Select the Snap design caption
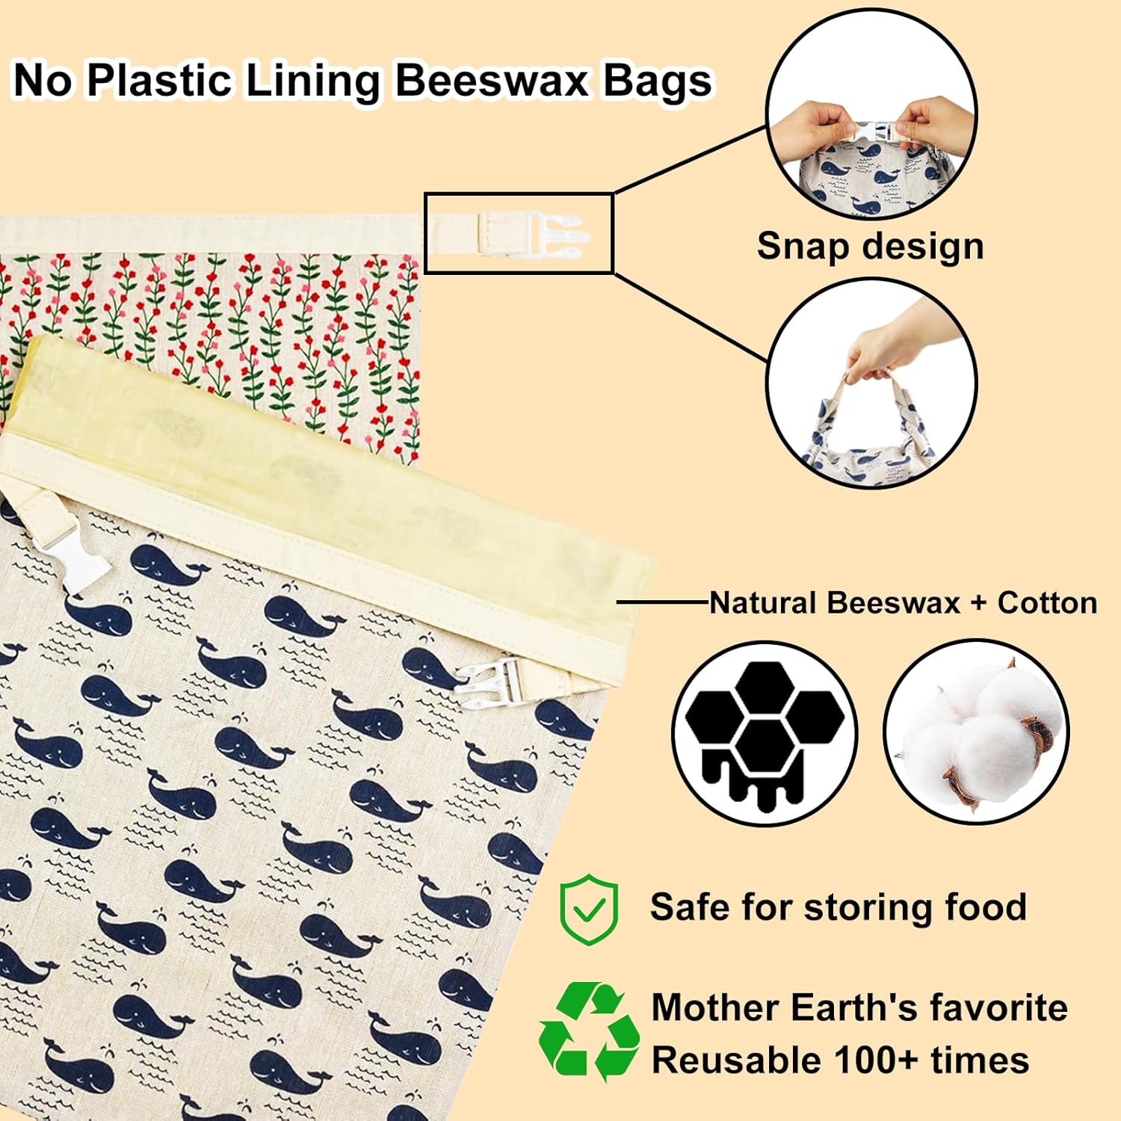(870, 246)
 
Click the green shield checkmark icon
(589, 910)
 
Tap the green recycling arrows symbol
(589, 1031)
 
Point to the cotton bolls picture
(976, 732)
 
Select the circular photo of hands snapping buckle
(871, 114)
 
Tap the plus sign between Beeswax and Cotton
(978, 603)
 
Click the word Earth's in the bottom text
(853, 1007)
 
